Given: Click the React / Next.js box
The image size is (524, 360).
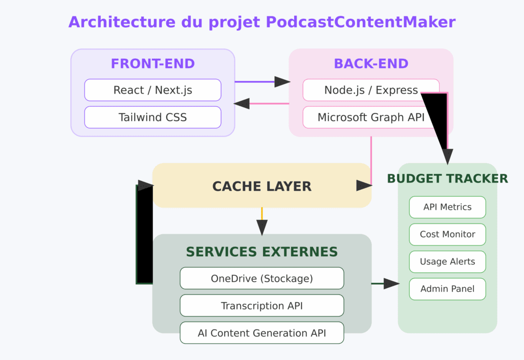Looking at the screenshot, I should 152,90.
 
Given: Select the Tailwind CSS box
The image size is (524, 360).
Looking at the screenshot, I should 152,117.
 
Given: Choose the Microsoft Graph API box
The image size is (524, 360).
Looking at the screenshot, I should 371,117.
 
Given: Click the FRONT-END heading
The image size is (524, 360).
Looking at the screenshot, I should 152,64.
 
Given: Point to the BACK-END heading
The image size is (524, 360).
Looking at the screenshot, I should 371,64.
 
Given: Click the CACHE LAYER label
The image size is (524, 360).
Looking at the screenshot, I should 261,186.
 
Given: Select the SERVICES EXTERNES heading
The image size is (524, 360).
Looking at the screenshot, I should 261,252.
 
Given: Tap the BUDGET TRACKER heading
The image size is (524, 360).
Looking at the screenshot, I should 447,178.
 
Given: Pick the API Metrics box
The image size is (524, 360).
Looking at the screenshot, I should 447,207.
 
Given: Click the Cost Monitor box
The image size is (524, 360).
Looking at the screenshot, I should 447,234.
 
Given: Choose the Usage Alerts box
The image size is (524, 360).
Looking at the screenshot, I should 447,261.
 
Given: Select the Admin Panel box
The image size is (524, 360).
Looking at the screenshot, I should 447,289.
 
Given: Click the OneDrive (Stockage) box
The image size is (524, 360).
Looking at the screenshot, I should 261,279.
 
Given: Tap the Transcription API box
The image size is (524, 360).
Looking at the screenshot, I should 261,306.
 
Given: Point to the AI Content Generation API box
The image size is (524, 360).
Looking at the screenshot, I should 261,333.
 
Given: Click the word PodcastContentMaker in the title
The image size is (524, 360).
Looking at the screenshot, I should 361,22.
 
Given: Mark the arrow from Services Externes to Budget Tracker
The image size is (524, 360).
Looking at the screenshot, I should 385,283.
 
